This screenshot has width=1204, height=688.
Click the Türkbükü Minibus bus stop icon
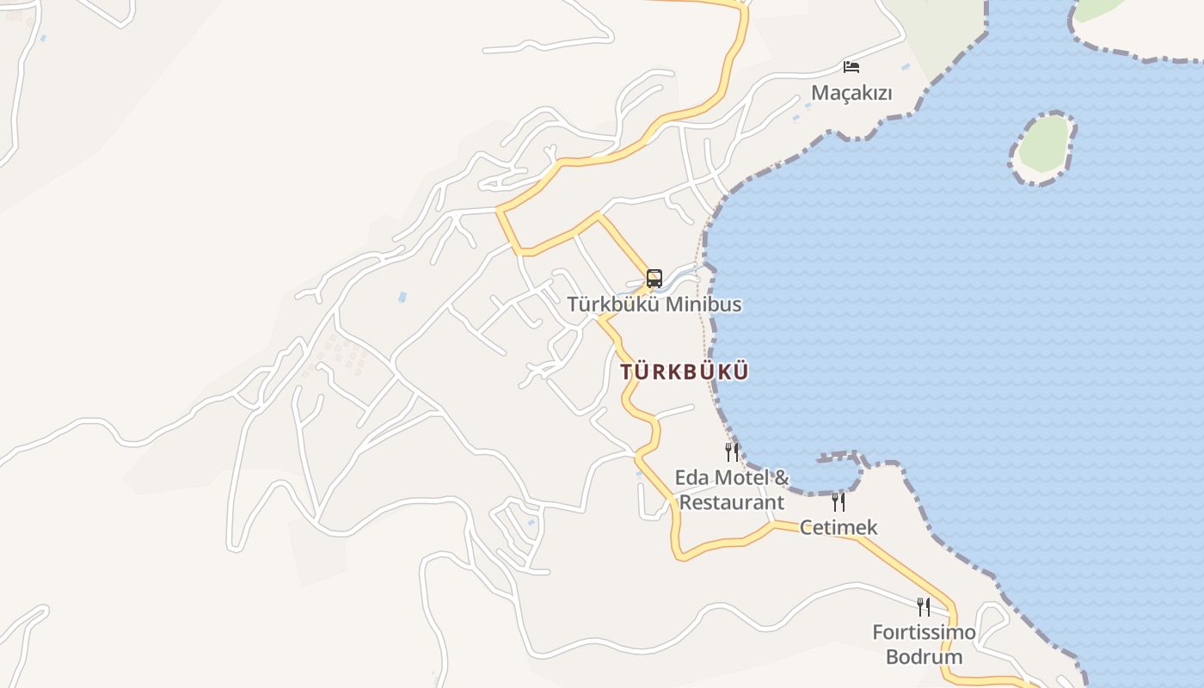pos(654,278)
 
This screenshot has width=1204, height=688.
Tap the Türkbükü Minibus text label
pos(654,304)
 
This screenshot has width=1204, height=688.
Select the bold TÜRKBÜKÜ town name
pos(685,372)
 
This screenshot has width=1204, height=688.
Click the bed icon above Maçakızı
pos(851,66)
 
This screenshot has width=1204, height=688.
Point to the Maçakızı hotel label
pos(851,93)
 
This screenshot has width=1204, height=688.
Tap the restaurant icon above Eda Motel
pos(732,451)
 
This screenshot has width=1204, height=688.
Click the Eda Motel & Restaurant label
pos(732,489)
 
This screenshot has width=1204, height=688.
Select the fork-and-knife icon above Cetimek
pos(838,501)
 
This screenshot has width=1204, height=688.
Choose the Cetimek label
pos(838,527)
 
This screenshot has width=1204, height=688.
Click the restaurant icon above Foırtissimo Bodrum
pos(924,607)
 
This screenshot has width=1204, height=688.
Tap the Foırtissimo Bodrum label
pos(924,645)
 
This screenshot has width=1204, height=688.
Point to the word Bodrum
pos(924,658)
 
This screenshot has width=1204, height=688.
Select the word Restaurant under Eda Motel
pos(732,502)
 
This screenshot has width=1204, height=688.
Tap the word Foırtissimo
pos(924,633)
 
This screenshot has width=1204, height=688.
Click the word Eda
pos(691,477)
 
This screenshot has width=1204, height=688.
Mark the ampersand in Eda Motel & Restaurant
pos(781,477)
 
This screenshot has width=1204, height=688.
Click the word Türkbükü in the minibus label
pos(612,304)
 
